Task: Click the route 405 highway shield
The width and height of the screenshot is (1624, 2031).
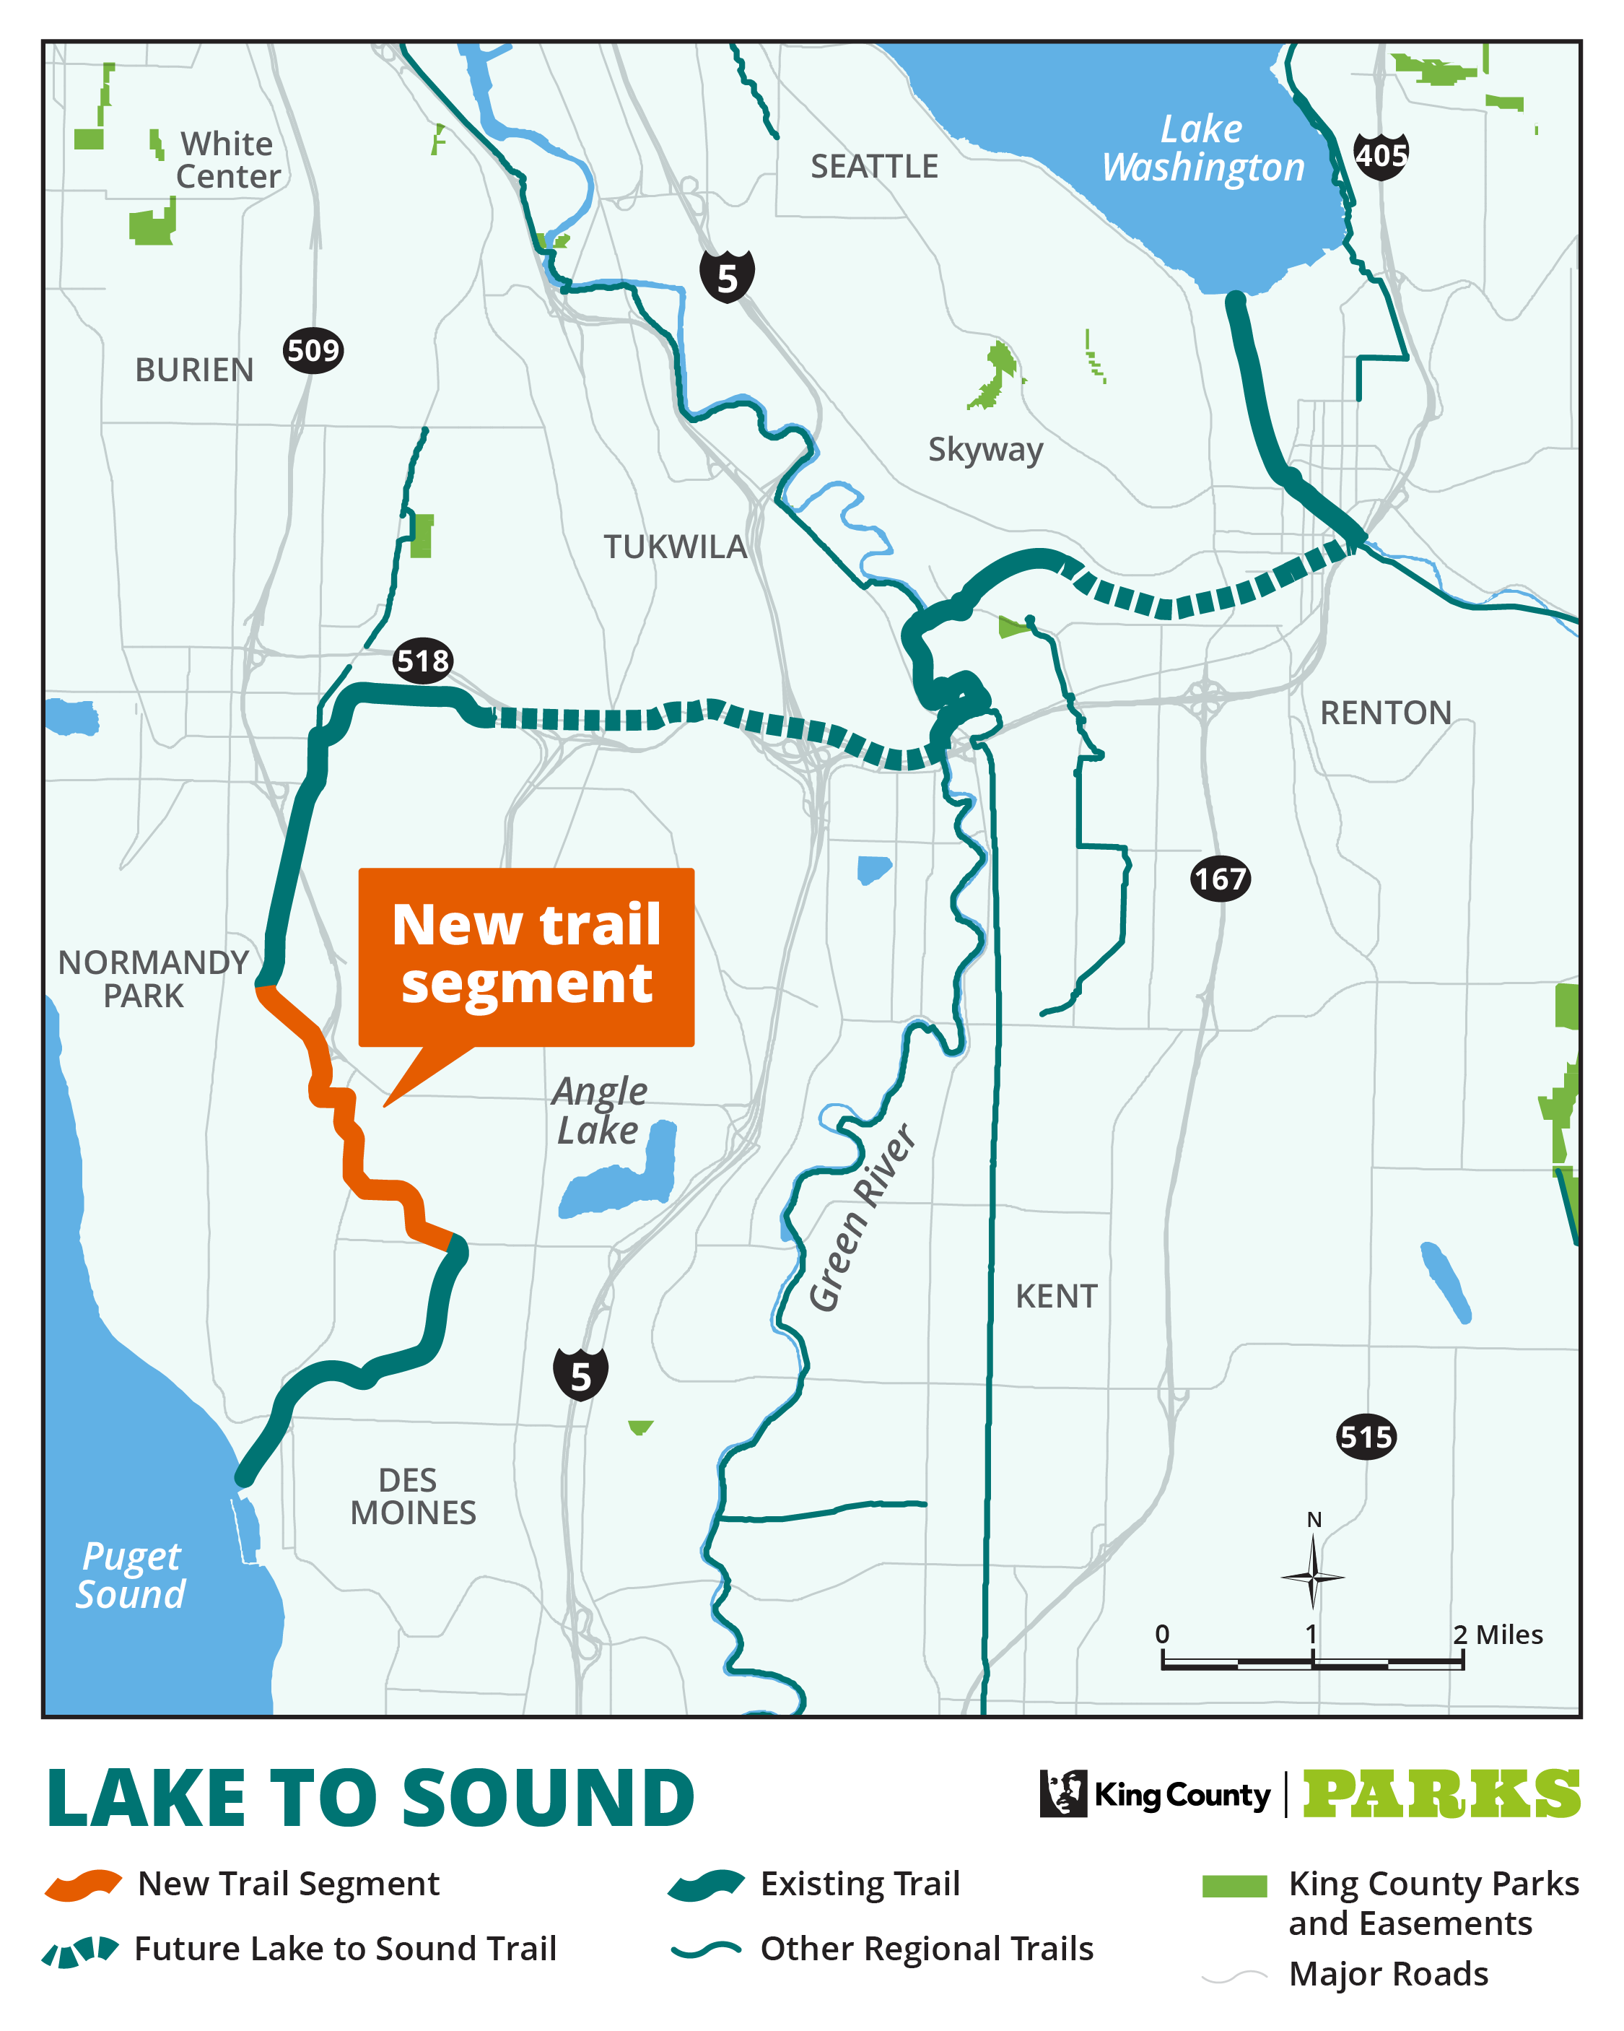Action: pyautogui.click(x=1380, y=155)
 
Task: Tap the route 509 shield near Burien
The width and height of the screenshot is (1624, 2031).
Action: pyautogui.click(x=313, y=352)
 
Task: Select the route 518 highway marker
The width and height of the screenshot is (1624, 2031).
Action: pyautogui.click(x=423, y=661)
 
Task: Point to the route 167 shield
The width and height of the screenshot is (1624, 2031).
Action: pyautogui.click(x=1220, y=879)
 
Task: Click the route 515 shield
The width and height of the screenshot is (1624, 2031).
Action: pyautogui.click(x=1366, y=1437)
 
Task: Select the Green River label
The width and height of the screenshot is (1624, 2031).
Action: pyautogui.click(x=861, y=1217)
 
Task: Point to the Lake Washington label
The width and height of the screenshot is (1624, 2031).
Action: pyautogui.click(x=1203, y=149)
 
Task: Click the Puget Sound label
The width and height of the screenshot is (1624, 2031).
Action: pyautogui.click(x=131, y=1575)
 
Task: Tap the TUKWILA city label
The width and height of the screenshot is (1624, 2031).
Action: pyautogui.click(x=674, y=547)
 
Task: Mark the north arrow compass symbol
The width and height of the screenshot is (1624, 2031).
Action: pyautogui.click(x=1312, y=1575)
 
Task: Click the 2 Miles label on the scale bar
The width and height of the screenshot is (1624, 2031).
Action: pyautogui.click(x=1497, y=1635)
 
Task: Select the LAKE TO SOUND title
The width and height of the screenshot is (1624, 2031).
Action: pyautogui.click(x=370, y=1799)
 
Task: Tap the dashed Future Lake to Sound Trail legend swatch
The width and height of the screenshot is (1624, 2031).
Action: pyautogui.click(x=81, y=1950)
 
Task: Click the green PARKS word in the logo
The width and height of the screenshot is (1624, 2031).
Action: pyautogui.click(x=1441, y=1795)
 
